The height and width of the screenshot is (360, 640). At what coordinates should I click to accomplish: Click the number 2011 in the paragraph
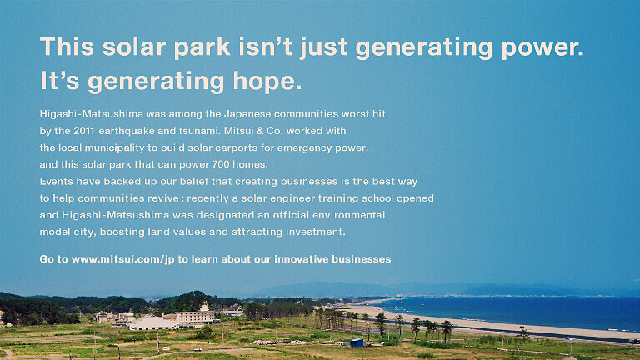pyautogui.click(x=84, y=131)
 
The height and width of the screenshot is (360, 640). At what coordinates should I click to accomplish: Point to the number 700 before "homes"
pyautogui.click(x=221, y=164)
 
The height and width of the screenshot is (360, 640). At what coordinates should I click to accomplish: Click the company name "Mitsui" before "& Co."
pyautogui.click(x=239, y=131)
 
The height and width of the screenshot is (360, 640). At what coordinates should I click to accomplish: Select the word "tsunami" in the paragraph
pyautogui.click(x=198, y=131)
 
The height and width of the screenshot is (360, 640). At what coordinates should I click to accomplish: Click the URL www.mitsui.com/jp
pyautogui.click(x=122, y=260)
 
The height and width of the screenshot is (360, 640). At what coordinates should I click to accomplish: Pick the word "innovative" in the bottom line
pyautogui.click(x=301, y=259)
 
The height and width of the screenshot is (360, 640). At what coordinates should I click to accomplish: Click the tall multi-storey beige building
pyautogui.click(x=195, y=316)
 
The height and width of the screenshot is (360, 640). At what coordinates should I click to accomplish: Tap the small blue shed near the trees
pyautogui.click(x=357, y=342)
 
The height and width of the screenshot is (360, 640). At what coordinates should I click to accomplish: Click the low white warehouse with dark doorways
pyautogui.click(x=152, y=323)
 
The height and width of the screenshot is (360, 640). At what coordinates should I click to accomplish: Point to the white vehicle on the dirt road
pyautogui.click(x=197, y=349)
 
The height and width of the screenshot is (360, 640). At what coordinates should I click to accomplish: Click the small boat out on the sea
pyautogui.click(x=423, y=304)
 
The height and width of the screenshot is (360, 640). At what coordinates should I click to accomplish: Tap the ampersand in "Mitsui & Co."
pyautogui.click(x=260, y=131)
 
